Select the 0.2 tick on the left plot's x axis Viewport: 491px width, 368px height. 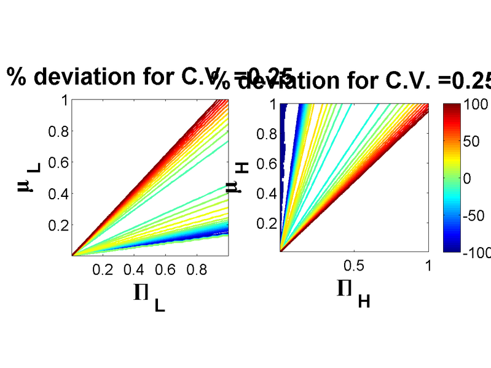click(x=103, y=269)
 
